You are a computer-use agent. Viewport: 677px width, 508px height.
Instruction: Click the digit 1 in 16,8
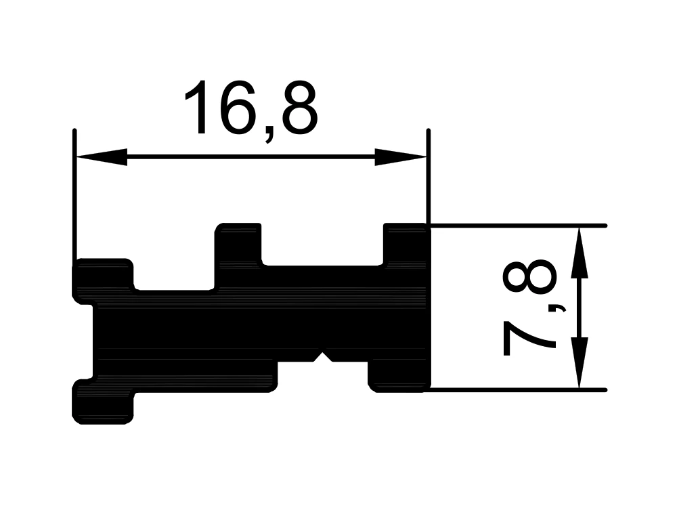click(197, 108)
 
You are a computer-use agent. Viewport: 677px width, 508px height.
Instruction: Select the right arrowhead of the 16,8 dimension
click(400, 157)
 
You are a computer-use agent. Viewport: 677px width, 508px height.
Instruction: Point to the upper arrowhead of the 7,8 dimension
click(580, 253)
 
